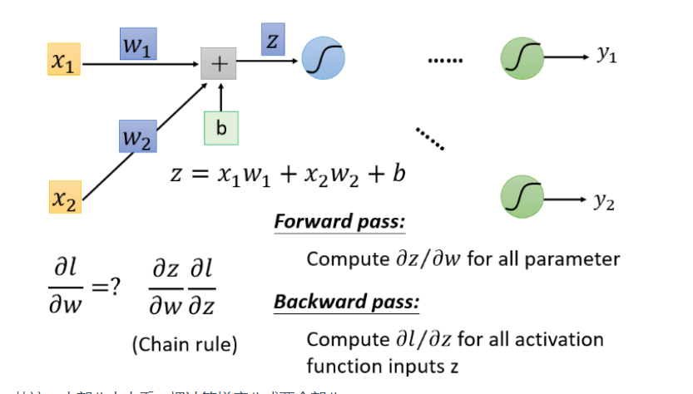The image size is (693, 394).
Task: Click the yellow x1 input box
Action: pos(63,62)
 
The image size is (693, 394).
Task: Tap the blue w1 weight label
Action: pos(137,46)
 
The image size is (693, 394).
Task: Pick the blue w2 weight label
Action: pos(137,135)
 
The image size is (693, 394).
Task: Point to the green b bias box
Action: pos(221,127)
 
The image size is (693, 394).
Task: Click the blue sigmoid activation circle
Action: pos(322,59)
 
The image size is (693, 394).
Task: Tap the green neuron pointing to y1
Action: pos(522,58)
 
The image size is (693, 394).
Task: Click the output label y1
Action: pos(606,55)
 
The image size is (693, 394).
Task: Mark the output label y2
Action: pos(605,203)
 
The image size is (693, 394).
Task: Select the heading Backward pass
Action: pos(346,302)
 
